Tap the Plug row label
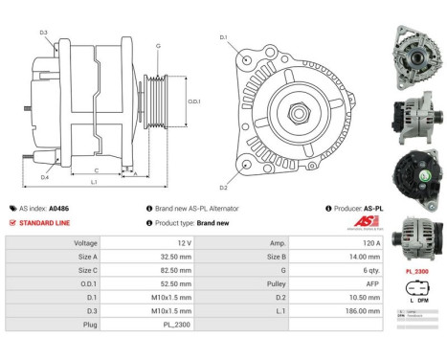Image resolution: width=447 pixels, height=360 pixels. (x=92, y=325)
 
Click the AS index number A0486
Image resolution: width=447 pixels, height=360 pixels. (x=58, y=208)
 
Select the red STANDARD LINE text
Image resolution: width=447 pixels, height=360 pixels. (x=46, y=222)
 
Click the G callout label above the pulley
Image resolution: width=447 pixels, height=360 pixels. (x=158, y=45)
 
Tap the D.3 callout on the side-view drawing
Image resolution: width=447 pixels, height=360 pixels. (x=44, y=33)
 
